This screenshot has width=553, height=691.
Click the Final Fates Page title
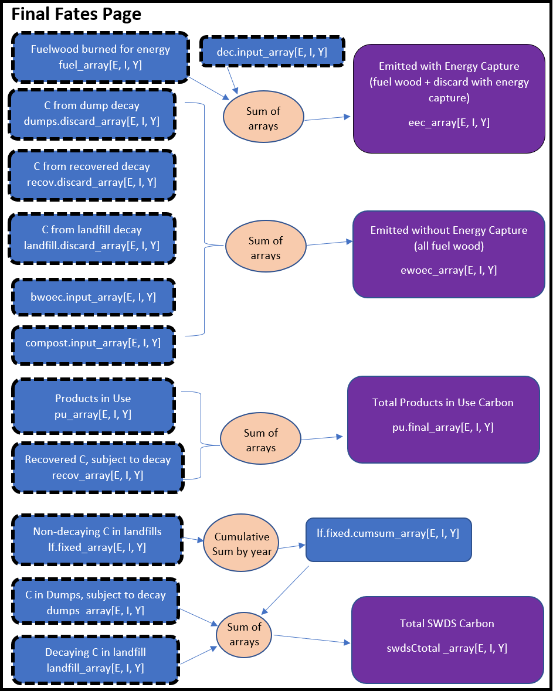coord(76,14)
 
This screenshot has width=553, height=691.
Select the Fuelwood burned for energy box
coord(100,57)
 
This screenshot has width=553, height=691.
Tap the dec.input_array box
coord(272,52)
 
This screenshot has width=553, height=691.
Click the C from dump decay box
coord(92,114)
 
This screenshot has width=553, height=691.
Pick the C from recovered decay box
coord(92,175)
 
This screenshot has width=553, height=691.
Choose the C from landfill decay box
coord(92,237)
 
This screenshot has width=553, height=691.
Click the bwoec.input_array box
coord(93,297)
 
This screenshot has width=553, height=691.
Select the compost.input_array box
coord(93,343)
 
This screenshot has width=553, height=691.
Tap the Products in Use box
coord(93,406)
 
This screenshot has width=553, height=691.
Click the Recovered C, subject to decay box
coord(97,467)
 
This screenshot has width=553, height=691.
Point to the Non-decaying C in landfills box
coord(97,539)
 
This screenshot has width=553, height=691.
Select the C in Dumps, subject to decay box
coord(95,603)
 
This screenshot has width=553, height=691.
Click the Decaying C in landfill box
coord(95,660)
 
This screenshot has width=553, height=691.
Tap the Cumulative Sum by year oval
coord(242,544)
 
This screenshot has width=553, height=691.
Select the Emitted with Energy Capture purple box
coord(449,98)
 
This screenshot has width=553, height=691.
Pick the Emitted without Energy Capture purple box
coord(449,254)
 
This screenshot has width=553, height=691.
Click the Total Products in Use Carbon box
coord(443,419)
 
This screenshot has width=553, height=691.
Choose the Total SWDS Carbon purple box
coord(447,639)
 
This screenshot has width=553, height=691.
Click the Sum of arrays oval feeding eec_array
coord(263,118)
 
